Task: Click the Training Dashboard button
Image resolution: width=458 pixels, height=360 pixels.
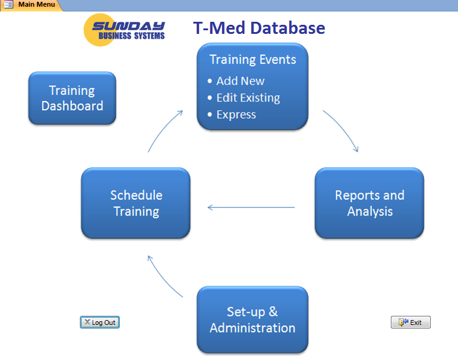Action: tap(72, 98)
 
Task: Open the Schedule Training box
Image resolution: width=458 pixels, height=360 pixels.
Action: tap(136, 203)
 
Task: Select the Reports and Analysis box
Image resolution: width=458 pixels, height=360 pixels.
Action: tap(369, 203)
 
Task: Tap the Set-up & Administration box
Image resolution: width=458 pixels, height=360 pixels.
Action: tap(252, 320)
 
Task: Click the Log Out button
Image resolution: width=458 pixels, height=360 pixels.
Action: tap(100, 322)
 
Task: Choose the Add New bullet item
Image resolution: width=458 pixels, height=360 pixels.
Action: tap(240, 81)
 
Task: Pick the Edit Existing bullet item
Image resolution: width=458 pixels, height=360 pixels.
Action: tap(248, 98)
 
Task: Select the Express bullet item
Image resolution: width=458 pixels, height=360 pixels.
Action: tap(236, 115)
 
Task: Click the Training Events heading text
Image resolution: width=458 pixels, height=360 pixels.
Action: tap(253, 59)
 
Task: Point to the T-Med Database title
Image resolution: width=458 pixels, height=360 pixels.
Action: tap(259, 28)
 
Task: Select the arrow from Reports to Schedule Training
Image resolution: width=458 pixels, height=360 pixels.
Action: tap(250, 208)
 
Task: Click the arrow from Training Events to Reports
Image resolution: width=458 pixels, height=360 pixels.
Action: tap(342, 129)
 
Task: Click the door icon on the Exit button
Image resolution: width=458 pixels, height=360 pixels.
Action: tap(402, 322)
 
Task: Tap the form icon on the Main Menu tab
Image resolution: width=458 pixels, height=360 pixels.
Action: tap(8, 5)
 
